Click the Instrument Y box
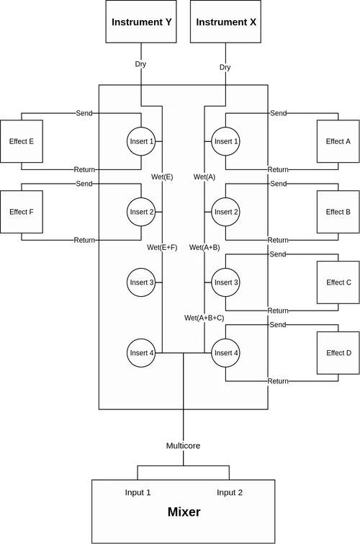click(x=141, y=22)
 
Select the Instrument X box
click(x=225, y=22)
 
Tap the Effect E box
click(x=21, y=141)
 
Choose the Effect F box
click(x=21, y=212)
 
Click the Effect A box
click(x=338, y=141)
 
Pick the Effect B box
click(x=338, y=212)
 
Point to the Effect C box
click(x=338, y=282)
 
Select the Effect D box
click(x=338, y=353)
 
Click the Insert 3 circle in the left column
click(x=141, y=282)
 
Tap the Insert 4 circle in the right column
click(x=225, y=353)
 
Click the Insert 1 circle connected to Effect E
click(x=141, y=141)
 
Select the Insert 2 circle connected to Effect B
click(x=225, y=212)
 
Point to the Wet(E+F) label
click(x=162, y=247)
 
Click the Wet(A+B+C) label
click(x=204, y=318)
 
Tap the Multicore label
click(x=184, y=446)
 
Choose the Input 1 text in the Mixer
click(x=138, y=493)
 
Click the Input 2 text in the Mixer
click(x=230, y=493)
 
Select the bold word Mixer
click(x=184, y=513)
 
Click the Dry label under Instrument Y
click(x=141, y=65)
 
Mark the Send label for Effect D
click(x=278, y=325)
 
